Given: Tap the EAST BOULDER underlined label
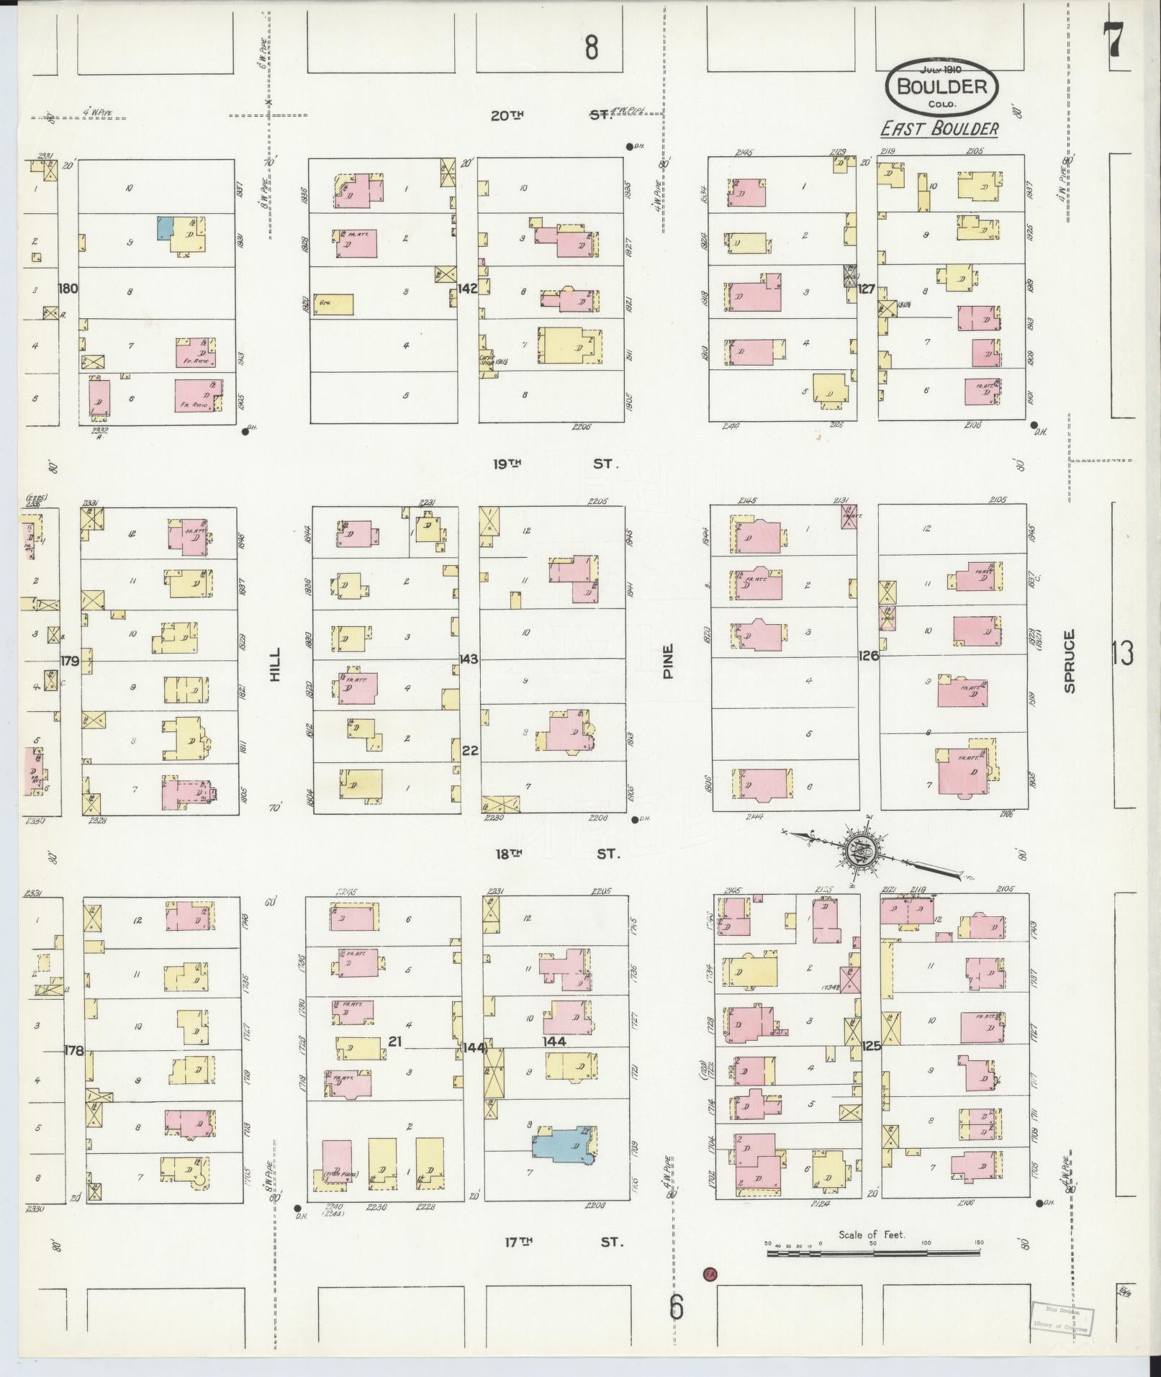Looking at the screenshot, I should pos(940,129).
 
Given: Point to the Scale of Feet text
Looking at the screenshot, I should pos(872,1234).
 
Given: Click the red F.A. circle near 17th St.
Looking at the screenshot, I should pos(710,1273).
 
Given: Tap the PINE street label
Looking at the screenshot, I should pos(668,661).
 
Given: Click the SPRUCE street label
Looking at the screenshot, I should pos(1069,661).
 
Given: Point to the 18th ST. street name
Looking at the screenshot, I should pos(556,854).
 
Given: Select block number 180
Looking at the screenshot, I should pos(68,289).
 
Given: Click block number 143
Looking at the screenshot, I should pos(469,659).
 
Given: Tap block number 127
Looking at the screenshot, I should pos(866,289).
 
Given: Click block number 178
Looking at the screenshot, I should pos(73,1050).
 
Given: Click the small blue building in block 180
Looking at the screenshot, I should pos(165,228).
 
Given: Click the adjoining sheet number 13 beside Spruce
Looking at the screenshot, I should pos(1123,654).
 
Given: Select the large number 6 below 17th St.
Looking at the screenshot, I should pos(675,1307).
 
